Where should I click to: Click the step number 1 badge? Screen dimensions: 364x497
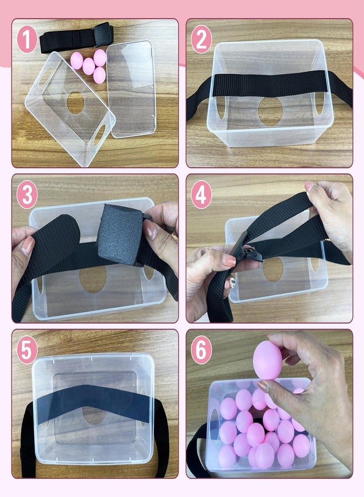pyautogui.click(x=27, y=39)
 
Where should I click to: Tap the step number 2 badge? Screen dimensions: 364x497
pyautogui.click(x=201, y=39)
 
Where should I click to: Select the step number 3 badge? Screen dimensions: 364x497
pyautogui.click(x=27, y=194)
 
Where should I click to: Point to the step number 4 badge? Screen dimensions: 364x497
pyautogui.click(x=201, y=194)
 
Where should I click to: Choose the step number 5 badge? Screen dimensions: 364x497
pyautogui.click(x=27, y=350)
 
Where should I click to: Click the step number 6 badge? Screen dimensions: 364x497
pyautogui.click(x=201, y=350)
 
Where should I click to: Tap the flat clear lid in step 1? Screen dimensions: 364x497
pyautogui.click(x=131, y=89)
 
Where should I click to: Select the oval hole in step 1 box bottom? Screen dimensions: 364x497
pyautogui.click(x=76, y=103)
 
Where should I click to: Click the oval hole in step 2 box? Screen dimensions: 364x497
pyautogui.click(x=270, y=111)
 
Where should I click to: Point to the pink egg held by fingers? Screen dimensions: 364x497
pyautogui.click(x=267, y=360)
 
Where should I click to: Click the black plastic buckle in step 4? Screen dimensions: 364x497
pyautogui.click(x=243, y=251)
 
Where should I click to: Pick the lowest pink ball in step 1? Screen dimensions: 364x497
pyautogui.click(x=99, y=75)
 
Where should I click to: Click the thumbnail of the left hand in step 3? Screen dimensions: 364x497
pyautogui.click(x=28, y=245)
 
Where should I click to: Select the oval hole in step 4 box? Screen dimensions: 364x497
pyautogui.click(x=273, y=269)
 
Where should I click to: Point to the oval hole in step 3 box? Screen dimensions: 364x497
pyautogui.click(x=93, y=279)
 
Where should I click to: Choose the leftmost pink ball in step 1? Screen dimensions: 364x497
pyautogui.click(x=77, y=61)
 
